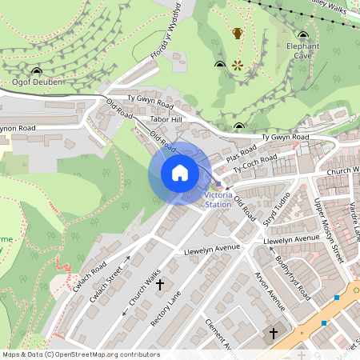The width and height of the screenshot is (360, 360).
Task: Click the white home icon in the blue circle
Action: click(x=180, y=173)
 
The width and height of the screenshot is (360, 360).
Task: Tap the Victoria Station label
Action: click(x=218, y=200)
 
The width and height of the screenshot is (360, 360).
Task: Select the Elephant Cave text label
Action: click(x=303, y=51)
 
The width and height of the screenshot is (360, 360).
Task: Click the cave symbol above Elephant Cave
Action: click(x=303, y=34)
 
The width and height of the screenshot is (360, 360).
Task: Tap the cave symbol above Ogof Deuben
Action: click(x=35, y=70)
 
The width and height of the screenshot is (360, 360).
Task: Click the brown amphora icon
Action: click(x=238, y=34)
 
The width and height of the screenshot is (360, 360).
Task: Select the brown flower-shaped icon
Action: click(x=238, y=64)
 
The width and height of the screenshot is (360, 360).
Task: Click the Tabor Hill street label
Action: click(x=167, y=120)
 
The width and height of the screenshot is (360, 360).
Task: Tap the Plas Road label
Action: click(x=242, y=151)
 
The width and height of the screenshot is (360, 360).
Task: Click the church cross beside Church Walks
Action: click(x=159, y=284)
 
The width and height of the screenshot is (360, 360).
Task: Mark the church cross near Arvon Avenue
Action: click(x=273, y=332)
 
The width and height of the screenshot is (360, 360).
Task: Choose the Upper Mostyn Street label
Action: click(x=327, y=232)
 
